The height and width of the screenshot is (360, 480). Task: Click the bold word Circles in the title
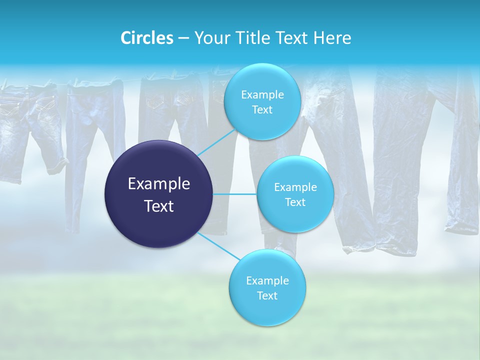[147, 38]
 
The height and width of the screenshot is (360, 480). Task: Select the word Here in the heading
[332, 38]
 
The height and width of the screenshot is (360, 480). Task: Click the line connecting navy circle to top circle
[216, 142]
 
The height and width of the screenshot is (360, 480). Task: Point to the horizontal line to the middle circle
[235, 194]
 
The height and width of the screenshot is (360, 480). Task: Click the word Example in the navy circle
[159, 184]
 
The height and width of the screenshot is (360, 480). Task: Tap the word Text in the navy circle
[159, 206]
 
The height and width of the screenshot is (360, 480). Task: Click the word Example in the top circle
[262, 95]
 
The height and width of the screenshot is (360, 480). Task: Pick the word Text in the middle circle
[295, 202]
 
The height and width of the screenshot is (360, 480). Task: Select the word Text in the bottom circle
[267, 295]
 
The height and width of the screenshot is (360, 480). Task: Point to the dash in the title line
[183, 38]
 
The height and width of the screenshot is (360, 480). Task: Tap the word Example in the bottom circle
[267, 281]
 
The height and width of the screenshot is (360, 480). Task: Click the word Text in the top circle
[262, 110]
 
